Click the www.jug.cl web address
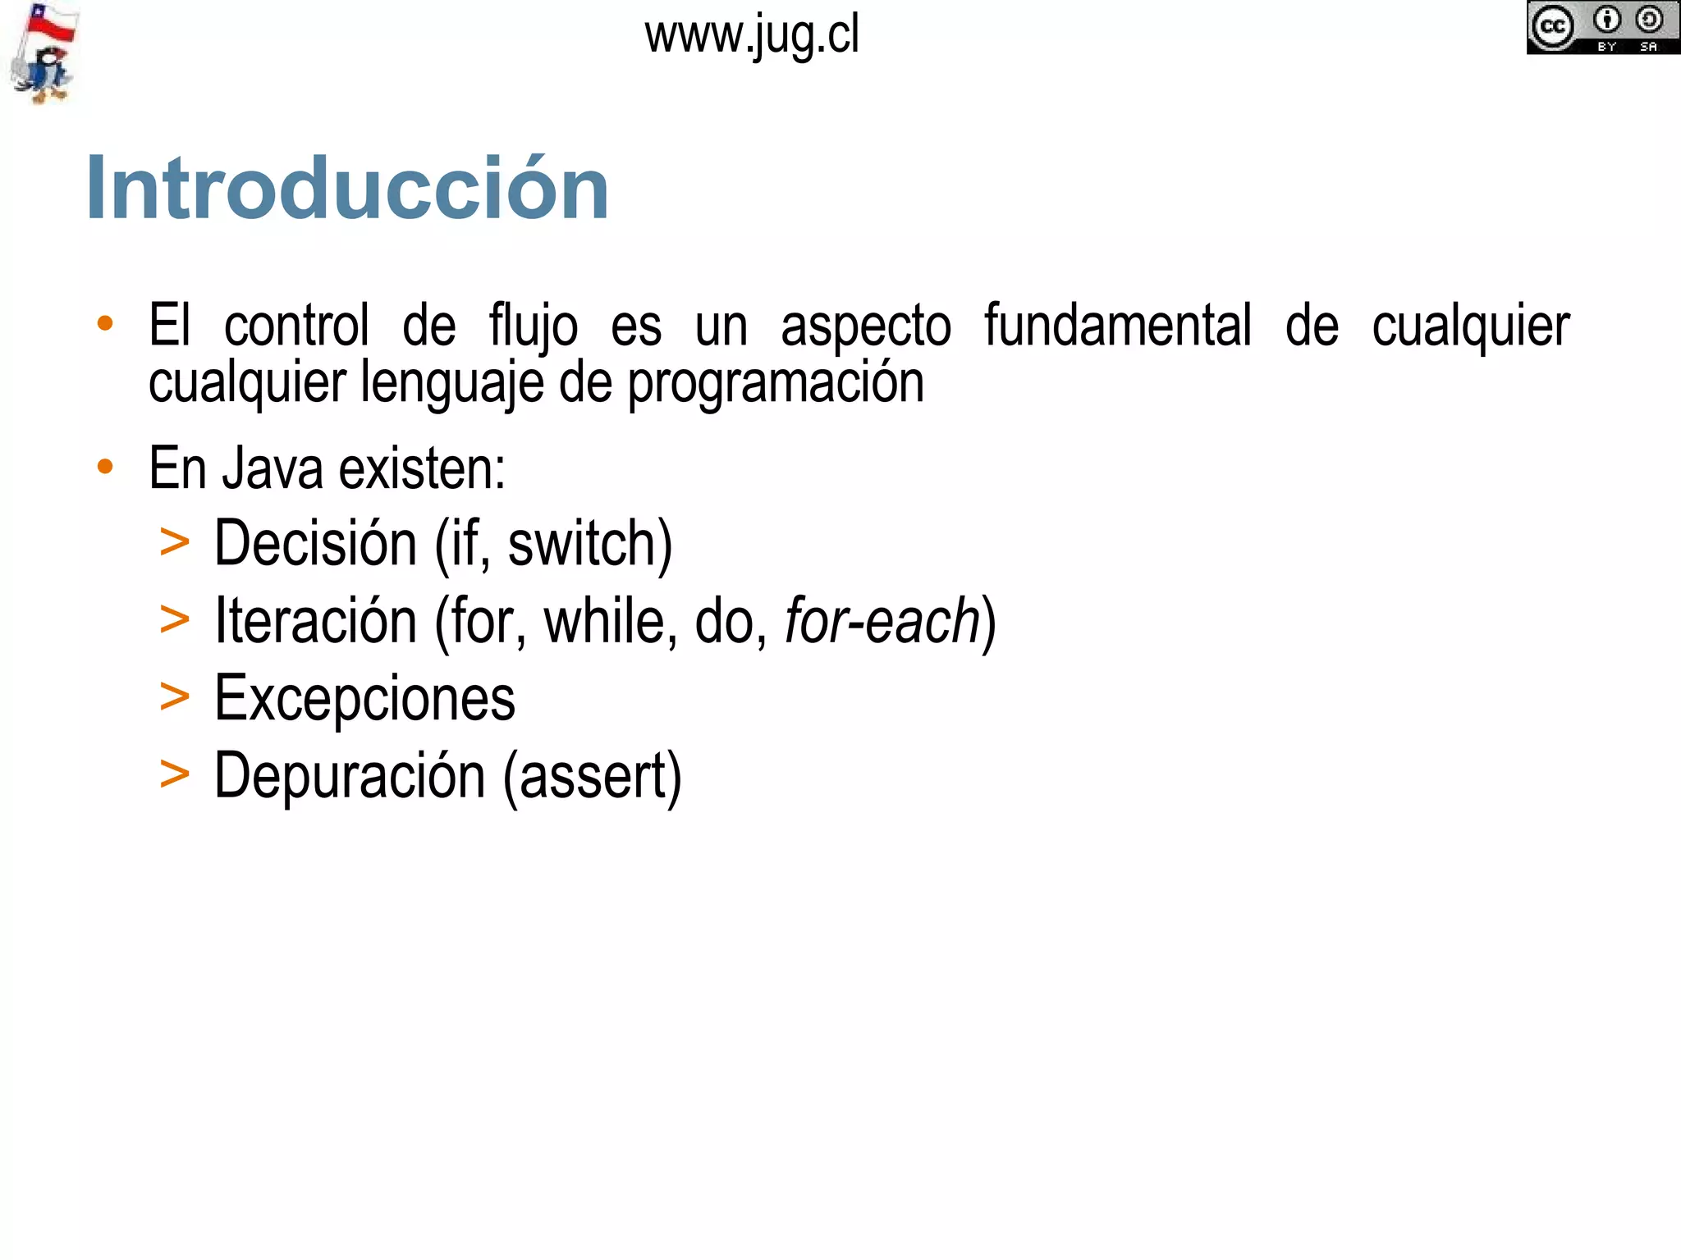[752, 36]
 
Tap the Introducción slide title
[347, 189]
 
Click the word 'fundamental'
[1118, 326]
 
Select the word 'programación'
[776, 384]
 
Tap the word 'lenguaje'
[451, 384]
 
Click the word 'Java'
[273, 469]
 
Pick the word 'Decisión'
[315, 544]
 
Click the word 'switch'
[584, 544]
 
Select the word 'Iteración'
[315, 621]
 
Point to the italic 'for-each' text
[882, 621]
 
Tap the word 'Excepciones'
[364, 699]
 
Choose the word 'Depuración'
[350, 776]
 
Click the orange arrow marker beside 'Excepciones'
[175, 697]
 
